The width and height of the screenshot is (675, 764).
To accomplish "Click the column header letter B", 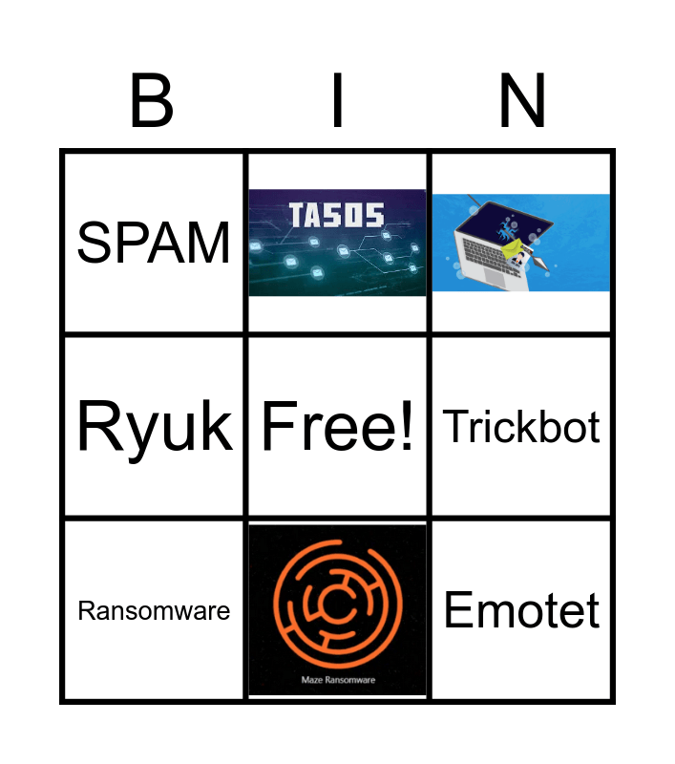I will click(x=152, y=100).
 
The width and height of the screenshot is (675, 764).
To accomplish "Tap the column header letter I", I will click(x=336, y=100).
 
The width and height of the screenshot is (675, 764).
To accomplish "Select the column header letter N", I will click(x=521, y=100).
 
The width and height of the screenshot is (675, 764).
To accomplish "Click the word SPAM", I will click(x=154, y=243).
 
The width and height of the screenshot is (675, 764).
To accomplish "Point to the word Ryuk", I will click(x=154, y=426).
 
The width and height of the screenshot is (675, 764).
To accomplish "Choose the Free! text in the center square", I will click(x=338, y=426).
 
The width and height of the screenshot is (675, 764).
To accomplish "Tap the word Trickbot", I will click(x=521, y=427).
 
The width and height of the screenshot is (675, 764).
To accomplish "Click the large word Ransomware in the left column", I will click(x=154, y=611).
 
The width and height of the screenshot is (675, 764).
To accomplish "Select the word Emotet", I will click(x=521, y=610).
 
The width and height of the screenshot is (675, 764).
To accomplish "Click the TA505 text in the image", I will click(x=338, y=216).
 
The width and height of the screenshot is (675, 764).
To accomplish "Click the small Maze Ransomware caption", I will click(x=338, y=680).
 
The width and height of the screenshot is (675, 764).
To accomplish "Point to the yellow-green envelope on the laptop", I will click(x=517, y=251).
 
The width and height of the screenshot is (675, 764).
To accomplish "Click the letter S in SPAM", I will click(x=95, y=243).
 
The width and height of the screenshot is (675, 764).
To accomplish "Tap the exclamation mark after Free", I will click(x=409, y=426).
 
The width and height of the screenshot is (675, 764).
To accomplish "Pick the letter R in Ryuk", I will click(x=98, y=426).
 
